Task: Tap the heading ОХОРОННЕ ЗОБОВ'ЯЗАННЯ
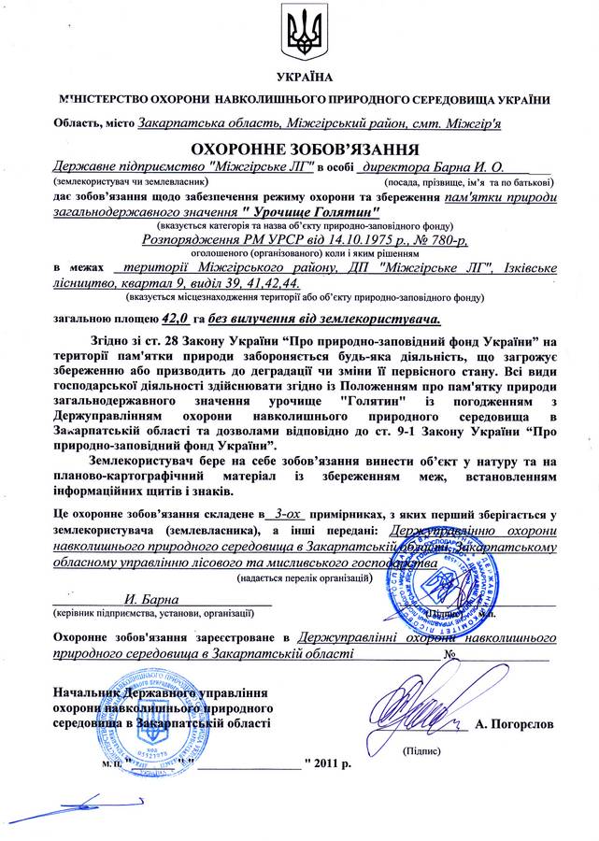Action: click(300, 149)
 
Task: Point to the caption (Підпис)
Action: click(419, 751)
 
